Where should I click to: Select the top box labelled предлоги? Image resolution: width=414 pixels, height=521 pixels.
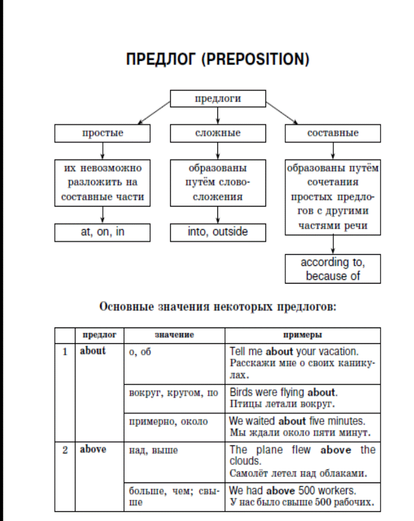click(218, 98)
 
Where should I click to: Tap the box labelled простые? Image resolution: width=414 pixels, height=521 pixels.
click(102, 133)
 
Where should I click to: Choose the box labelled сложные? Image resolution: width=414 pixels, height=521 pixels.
click(218, 133)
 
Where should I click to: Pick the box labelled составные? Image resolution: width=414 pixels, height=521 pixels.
click(333, 133)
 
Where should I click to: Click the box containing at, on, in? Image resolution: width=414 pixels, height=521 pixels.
click(102, 232)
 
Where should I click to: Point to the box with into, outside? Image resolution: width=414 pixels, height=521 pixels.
click(218, 232)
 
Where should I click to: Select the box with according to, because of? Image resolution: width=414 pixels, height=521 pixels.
click(333, 269)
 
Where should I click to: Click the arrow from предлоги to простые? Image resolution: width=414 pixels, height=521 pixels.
click(154, 113)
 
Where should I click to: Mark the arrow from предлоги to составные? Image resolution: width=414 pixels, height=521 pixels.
click(282, 113)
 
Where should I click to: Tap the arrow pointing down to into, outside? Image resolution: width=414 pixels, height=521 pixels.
click(218, 215)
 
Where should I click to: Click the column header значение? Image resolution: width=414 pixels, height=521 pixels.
click(174, 335)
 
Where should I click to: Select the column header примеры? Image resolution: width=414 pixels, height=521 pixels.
click(303, 335)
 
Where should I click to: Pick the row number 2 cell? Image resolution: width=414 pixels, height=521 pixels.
click(65, 476)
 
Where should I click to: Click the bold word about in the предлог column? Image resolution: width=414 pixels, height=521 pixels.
click(93, 351)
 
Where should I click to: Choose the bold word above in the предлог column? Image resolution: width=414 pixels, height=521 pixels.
click(93, 449)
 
